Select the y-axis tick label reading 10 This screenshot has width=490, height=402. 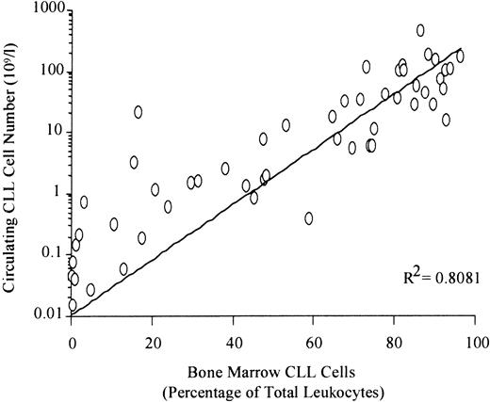pos(55,132)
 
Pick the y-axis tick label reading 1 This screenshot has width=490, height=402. pos(58,192)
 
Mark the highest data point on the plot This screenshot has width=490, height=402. pos(420,30)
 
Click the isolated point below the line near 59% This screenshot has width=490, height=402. pos(309,218)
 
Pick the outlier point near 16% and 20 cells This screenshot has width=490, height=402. pos(139,112)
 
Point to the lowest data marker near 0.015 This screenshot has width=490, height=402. pos(73,305)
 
